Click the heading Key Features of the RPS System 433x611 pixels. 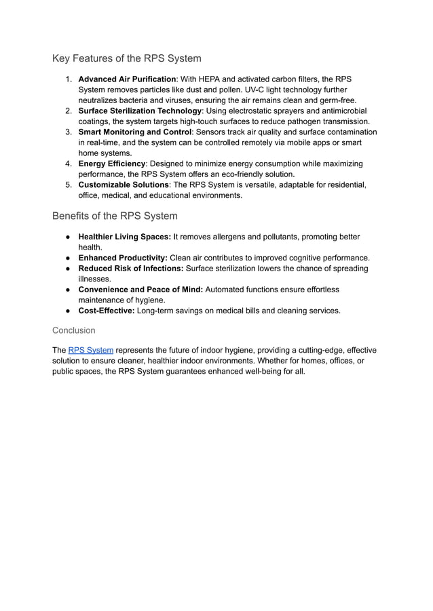tap(126, 58)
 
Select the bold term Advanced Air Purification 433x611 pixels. tap(127, 79)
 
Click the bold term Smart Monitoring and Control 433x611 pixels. tap(135, 132)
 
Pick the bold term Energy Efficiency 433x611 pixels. tap(111, 163)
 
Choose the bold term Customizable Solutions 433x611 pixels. tap(124, 184)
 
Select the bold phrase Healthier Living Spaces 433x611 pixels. tap(124, 237)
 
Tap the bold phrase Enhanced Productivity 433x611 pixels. tap(123, 258)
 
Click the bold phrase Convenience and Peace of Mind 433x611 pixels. tap(140, 290)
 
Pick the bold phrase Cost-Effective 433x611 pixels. tap(107, 311)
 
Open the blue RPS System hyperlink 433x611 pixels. tap(91, 351)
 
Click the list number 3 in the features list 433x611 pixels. tap(69, 132)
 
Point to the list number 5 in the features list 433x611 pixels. tap(69, 184)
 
